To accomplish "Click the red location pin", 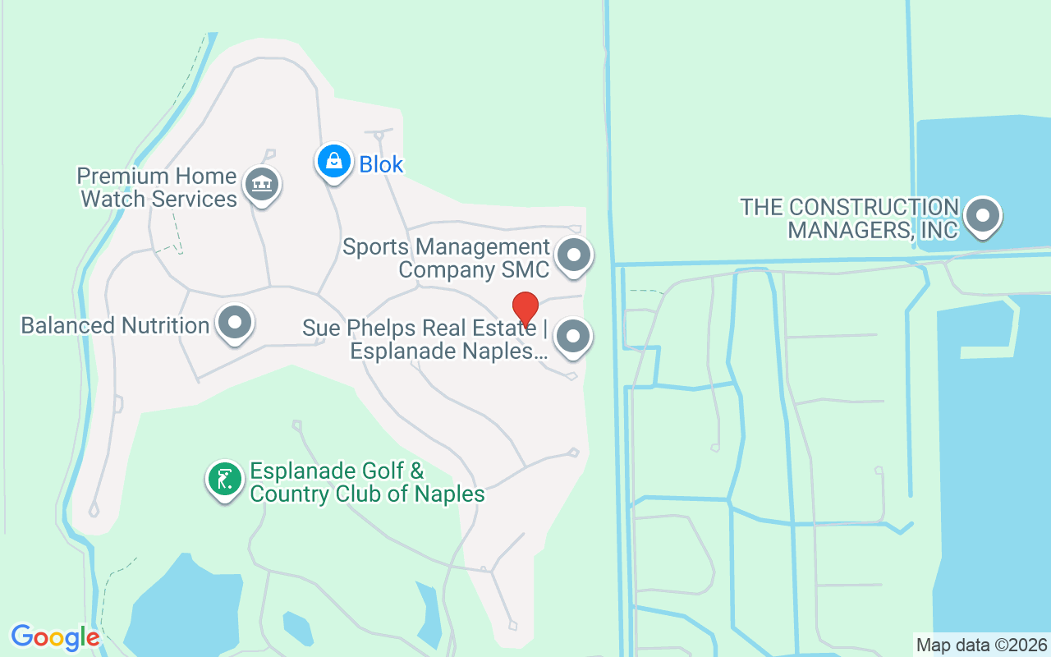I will tap(525, 308).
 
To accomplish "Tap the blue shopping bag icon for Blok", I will tap(334, 161).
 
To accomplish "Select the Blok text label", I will tap(381, 164).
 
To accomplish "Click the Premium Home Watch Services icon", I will tap(262, 183).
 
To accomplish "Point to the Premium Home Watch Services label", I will tap(157, 187).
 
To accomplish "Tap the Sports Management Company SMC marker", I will tap(574, 255).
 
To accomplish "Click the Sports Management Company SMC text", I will tap(446, 258).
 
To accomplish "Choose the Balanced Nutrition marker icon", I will tap(235, 322).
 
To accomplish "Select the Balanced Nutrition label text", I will tap(115, 325).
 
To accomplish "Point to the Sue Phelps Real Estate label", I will tap(425, 340).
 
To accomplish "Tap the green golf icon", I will tap(224, 478).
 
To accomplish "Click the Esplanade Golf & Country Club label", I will tap(367, 483).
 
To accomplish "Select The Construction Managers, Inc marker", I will tap(982, 217).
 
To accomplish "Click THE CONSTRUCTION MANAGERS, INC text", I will tap(849, 218).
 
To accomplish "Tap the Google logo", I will tap(55, 636).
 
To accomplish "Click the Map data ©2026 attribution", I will tap(981, 645).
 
